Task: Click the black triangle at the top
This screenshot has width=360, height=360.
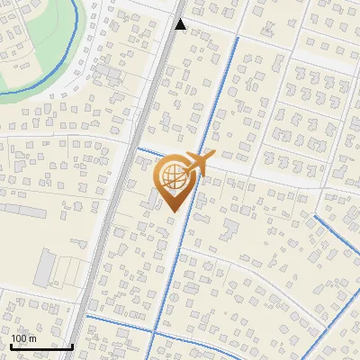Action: click(x=181, y=25)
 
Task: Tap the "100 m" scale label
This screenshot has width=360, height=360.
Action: click(x=23, y=338)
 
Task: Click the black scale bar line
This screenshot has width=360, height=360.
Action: click(x=41, y=346)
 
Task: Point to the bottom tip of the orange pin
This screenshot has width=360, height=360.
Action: click(x=172, y=212)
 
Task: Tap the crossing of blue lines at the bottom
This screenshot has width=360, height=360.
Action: click(x=152, y=332)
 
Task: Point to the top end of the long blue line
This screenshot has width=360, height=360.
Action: click(x=237, y=39)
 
